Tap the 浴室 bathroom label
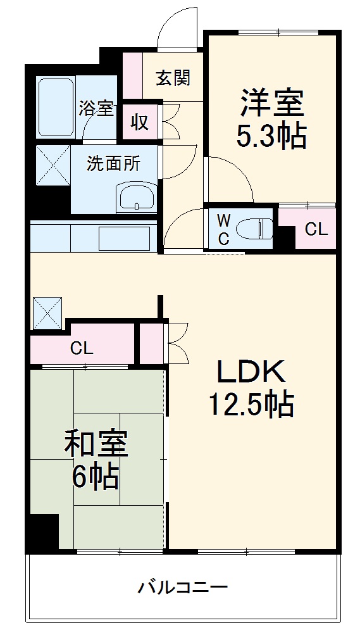pos(96,108)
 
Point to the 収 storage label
pos(140,122)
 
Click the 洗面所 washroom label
pos(114,163)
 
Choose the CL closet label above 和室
pos(82,347)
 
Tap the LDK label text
pos(252,372)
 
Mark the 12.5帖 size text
pos(252,403)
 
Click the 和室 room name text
pos(96,444)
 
